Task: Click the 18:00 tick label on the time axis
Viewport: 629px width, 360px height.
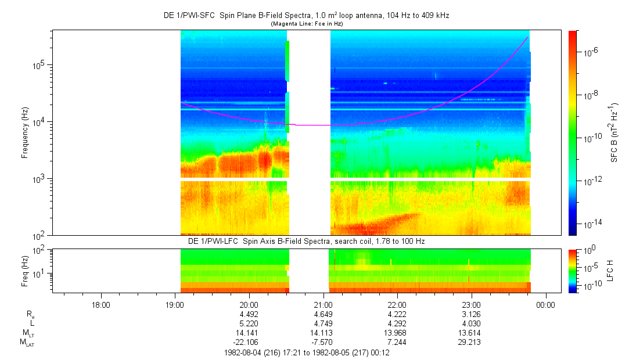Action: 100,305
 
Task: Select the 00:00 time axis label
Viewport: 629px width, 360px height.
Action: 545,305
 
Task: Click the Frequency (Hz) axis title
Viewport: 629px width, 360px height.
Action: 25,133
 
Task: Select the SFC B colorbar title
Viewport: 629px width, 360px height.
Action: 614,132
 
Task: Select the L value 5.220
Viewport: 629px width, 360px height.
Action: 249,323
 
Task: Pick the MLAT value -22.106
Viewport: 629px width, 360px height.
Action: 249,342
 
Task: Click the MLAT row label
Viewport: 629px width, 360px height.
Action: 27,343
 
